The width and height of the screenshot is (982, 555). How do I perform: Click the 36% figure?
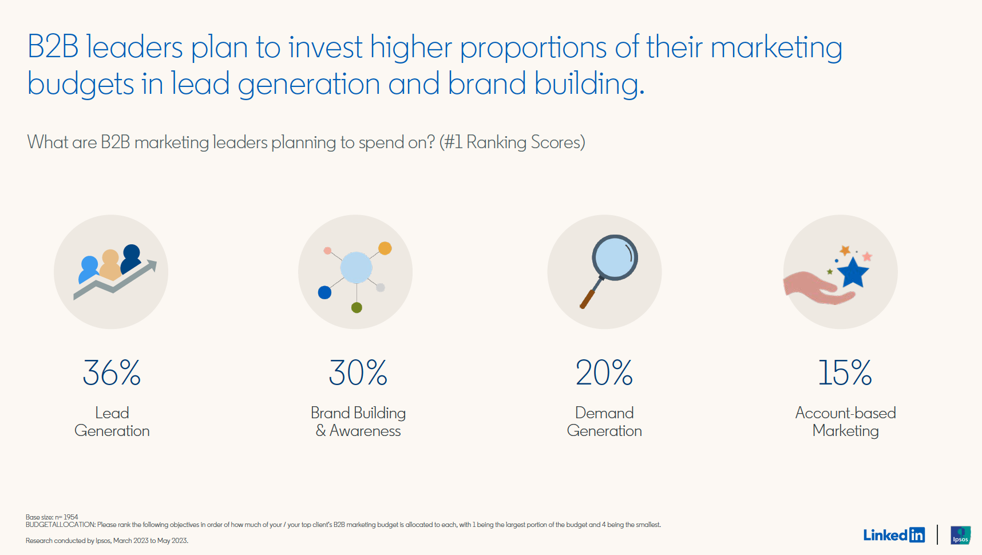tap(112, 372)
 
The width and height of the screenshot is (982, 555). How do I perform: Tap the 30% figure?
tap(358, 372)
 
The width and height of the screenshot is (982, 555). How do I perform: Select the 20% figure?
tap(604, 372)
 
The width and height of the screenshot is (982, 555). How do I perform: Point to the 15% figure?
tap(845, 372)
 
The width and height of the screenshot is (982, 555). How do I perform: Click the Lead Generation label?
tap(112, 422)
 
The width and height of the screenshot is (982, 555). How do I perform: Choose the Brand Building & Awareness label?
tap(358, 422)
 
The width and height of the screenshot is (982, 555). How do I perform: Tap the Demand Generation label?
tap(604, 422)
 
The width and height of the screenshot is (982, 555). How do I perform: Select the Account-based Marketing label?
tap(846, 422)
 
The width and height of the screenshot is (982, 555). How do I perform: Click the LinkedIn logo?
tap(894, 535)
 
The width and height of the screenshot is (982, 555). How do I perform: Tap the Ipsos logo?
tap(961, 535)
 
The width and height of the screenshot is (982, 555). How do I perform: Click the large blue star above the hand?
tap(853, 272)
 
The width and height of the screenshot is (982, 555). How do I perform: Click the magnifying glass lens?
tap(615, 257)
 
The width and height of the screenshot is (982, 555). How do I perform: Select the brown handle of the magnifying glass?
tap(588, 299)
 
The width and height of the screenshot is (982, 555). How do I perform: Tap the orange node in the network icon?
tap(385, 248)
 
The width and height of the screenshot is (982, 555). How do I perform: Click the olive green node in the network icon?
tap(357, 308)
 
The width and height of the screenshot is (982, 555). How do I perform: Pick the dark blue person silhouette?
tap(131, 259)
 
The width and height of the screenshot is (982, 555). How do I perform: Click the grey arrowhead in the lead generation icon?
tap(151, 266)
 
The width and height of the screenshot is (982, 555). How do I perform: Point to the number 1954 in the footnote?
tap(71, 517)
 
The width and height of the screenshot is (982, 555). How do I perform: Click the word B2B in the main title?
tap(53, 47)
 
